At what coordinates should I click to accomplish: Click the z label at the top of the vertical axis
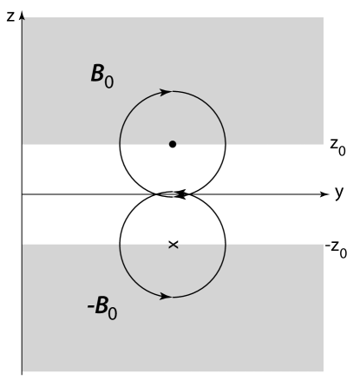pos(8,16)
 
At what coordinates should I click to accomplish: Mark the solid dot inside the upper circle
pos(173,144)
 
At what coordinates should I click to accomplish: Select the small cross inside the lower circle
pos(173,246)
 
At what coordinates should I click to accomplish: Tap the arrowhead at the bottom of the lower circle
pos(166,297)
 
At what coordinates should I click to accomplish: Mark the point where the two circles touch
pos(173,194)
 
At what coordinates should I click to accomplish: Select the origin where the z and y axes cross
pos(22,194)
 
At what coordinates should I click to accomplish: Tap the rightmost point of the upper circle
pos(226,143)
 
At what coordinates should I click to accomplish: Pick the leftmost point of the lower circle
pos(120,246)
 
